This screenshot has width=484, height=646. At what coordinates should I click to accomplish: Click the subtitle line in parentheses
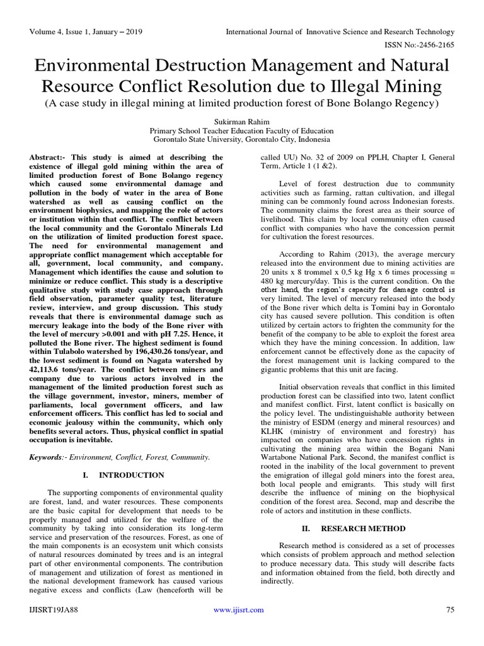241,103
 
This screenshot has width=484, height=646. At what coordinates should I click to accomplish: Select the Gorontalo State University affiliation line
241,139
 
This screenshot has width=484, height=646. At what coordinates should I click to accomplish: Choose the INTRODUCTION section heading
132,475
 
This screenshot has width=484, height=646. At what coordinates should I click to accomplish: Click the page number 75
450,610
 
